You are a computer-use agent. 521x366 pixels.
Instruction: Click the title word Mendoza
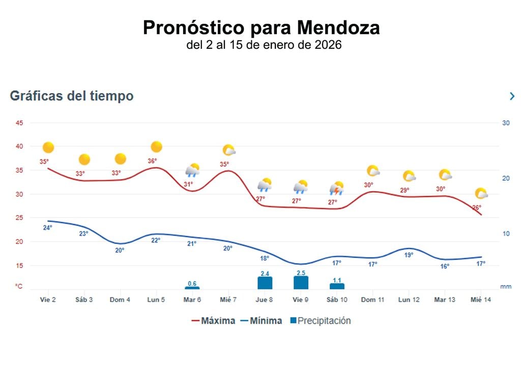click(338, 27)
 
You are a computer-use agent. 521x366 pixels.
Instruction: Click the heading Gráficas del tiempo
click(72, 96)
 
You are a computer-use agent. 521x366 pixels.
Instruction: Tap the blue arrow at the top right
click(512, 96)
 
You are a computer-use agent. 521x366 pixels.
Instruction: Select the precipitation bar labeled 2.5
click(301, 283)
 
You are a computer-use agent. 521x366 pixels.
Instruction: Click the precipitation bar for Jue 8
click(265, 283)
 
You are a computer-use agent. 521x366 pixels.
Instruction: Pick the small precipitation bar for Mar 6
click(192, 288)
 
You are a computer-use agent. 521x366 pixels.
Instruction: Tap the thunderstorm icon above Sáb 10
click(336, 189)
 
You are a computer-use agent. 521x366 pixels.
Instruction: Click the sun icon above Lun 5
click(156, 147)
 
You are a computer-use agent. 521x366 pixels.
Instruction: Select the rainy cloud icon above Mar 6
click(192, 170)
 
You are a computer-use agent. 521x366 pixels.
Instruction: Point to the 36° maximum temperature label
click(152, 161)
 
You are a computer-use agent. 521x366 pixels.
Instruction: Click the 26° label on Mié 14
click(477, 207)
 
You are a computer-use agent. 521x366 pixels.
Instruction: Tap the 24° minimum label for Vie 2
click(47, 228)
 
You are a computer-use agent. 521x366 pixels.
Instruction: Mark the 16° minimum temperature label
click(445, 266)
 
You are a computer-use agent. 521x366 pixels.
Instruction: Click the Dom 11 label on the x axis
click(372, 300)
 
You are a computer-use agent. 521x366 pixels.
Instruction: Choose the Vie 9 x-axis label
click(300, 300)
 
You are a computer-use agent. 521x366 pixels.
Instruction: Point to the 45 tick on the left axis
click(19, 123)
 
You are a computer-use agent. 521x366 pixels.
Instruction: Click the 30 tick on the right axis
click(506, 123)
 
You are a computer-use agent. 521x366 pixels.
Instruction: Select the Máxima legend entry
click(213, 321)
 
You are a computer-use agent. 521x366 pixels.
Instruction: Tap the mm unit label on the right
click(505, 287)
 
